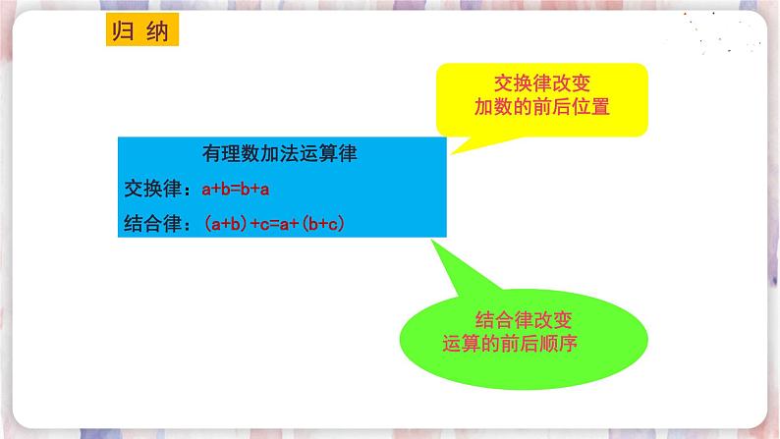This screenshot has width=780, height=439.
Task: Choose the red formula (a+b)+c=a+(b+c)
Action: (x=276, y=224)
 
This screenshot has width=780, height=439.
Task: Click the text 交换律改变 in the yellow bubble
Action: (x=541, y=84)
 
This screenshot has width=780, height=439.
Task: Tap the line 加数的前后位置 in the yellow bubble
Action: (x=541, y=107)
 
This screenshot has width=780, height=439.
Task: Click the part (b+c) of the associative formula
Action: (x=324, y=224)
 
